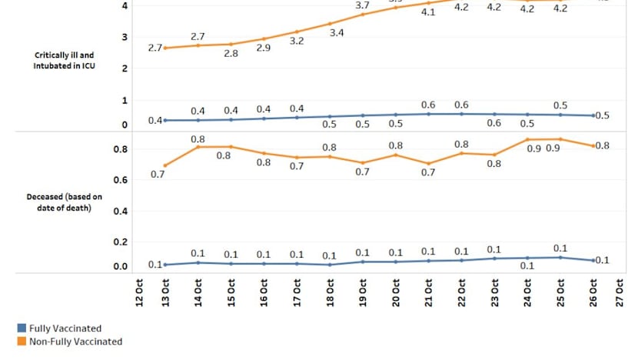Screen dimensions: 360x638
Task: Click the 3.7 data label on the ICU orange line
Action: (363, 5)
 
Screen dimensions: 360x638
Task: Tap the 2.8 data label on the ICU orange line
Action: (231, 53)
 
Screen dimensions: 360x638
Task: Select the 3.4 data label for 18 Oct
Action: (336, 33)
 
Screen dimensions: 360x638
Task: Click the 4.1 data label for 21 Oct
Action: (428, 12)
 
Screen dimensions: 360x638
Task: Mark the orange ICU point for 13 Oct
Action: (165, 48)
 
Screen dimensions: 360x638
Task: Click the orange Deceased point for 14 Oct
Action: (198, 146)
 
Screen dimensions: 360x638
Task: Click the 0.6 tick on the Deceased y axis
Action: (121, 180)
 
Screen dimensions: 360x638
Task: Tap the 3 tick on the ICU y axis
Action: (125, 37)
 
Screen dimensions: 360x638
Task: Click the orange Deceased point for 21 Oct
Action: (428, 163)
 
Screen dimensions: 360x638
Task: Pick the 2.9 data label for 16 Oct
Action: (264, 48)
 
